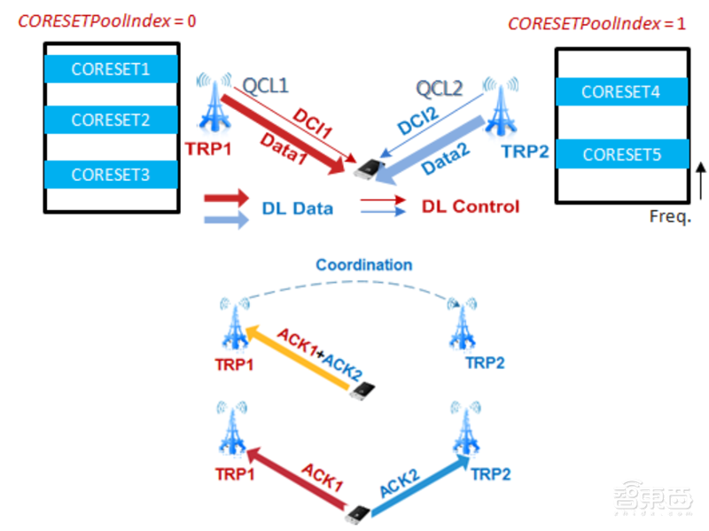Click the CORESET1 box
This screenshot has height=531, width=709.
pos(111,68)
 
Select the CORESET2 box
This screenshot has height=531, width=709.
pos(111,120)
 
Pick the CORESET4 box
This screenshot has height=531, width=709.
pos(620,90)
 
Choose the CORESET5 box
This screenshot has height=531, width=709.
pos(620,155)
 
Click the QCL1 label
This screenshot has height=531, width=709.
pos(266,86)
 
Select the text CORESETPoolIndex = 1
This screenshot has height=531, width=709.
pos(596,24)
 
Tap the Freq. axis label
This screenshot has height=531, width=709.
pos(670,217)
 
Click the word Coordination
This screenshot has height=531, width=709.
pos(363,264)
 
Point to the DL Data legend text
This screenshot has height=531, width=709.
pos(298,208)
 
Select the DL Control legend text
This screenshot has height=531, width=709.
pos(470,207)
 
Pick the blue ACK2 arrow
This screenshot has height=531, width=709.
pos(417,485)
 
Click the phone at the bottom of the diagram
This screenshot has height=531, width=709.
pos(358,512)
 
